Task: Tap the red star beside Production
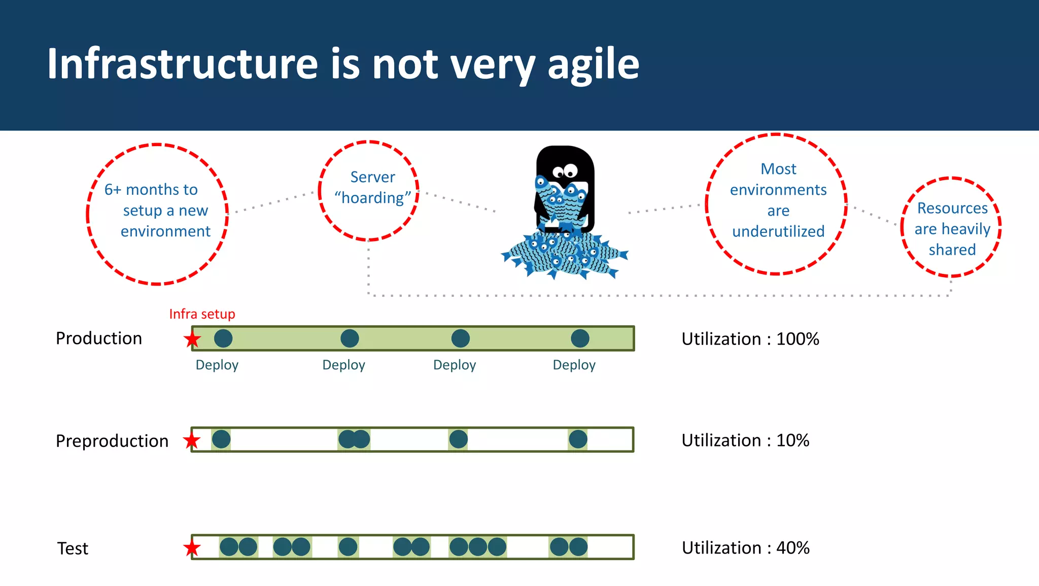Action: tap(192, 339)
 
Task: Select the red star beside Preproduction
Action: tap(192, 440)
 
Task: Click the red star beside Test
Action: tap(192, 548)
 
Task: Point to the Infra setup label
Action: tap(202, 314)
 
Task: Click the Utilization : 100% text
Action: tap(750, 339)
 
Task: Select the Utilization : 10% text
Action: tap(745, 440)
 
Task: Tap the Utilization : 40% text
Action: tap(745, 548)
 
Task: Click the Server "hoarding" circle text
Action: tap(372, 188)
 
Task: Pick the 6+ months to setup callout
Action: tap(157, 211)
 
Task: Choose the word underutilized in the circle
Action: tap(778, 231)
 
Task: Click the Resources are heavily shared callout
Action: tap(952, 229)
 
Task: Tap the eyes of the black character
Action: tap(565, 171)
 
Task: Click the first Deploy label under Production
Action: tap(217, 365)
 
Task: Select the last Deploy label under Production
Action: tap(574, 365)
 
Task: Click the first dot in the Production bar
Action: tap(223, 338)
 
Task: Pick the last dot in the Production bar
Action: tap(580, 338)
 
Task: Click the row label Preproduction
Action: tap(112, 441)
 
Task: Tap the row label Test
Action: tap(73, 548)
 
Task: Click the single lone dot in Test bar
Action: tap(348, 547)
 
